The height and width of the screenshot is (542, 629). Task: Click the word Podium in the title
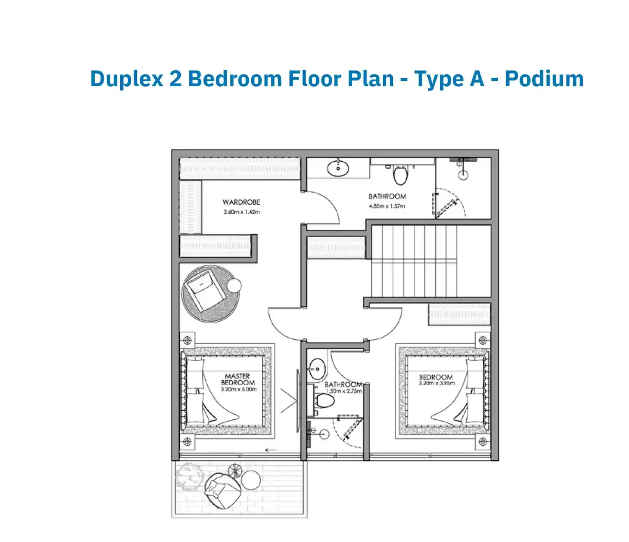click(x=544, y=79)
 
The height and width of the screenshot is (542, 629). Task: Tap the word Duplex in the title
click(x=127, y=79)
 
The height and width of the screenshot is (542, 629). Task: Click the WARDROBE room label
click(x=241, y=202)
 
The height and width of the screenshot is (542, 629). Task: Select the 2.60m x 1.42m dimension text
click(x=242, y=212)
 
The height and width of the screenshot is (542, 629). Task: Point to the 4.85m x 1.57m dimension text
click(x=387, y=206)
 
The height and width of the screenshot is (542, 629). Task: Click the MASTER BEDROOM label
click(x=238, y=379)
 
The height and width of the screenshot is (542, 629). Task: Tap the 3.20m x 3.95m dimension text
click(x=437, y=383)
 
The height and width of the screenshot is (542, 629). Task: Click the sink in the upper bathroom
click(x=338, y=168)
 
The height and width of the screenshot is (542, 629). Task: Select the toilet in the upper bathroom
click(x=400, y=175)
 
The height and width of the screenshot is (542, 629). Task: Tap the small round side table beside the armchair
click(x=234, y=286)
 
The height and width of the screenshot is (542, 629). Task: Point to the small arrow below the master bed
click(x=271, y=450)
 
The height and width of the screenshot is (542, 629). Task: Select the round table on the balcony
click(x=251, y=480)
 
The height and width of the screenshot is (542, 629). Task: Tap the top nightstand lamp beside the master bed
click(x=187, y=340)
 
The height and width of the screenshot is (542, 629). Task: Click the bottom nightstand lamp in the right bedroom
click(x=483, y=441)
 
